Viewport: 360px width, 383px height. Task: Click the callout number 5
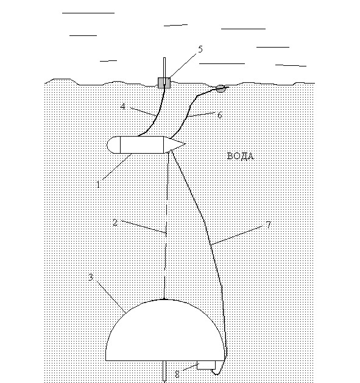pyautogui.click(x=200, y=49)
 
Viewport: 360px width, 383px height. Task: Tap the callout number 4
pyautogui.click(x=122, y=107)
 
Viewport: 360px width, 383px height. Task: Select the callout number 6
pyautogui.click(x=219, y=115)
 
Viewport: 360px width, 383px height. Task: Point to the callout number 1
pyautogui.click(x=98, y=184)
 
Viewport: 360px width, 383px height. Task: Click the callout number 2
pyautogui.click(x=115, y=223)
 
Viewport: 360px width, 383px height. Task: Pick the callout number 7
pyautogui.click(x=268, y=224)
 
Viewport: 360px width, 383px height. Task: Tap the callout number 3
pyautogui.click(x=91, y=277)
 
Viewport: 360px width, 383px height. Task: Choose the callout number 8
pyautogui.click(x=177, y=374)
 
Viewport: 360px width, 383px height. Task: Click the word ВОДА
pyautogui.click(x=241, y=156)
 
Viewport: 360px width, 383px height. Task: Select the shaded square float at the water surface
pyautogui.click(x=164, y=82)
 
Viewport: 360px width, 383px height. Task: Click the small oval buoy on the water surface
pyautogui.click(x=221, y=88)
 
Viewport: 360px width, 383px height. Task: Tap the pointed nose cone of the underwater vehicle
pyautogui.click(x=174, y=144)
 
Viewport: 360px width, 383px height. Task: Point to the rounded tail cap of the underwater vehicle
pyautogui.click(x=114, y=145)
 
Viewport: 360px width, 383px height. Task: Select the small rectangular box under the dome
pyautogui.click(x=206, y=365)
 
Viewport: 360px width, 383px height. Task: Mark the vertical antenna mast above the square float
pyautogui.click(x=164, y=68)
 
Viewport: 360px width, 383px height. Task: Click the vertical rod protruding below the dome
pyautogui.click(x=164, y=371)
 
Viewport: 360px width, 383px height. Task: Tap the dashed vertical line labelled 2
pyautogui.click(x=166, y=226)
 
